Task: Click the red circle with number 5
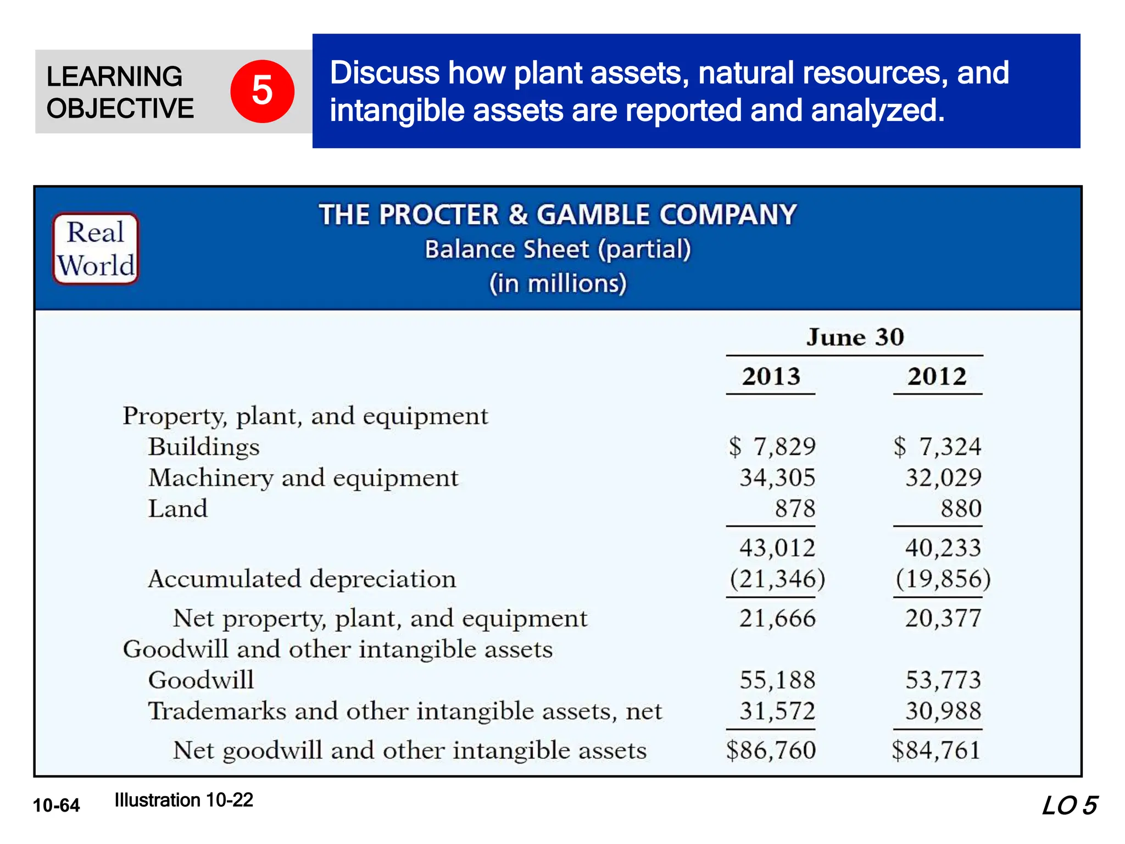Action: click(262, 91)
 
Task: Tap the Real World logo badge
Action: click(96, 249)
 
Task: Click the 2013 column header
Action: click(771, 377)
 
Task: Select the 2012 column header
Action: click(937, 377)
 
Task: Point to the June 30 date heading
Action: click(855, 337)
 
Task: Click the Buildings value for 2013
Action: click(772, 447)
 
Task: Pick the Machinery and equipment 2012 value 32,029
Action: click(943, 477)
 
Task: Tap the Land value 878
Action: click(795, 508)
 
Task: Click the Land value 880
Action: click(961, 508)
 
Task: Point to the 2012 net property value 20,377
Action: click(943, 619)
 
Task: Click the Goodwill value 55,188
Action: click(777, 680)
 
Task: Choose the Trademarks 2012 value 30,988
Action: click(943, 711)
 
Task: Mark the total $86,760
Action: click(771, 751)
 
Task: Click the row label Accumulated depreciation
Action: click(302, 579)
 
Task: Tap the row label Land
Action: click(178, 508)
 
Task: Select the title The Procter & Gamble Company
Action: click(558, 215)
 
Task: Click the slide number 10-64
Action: click(57, 806)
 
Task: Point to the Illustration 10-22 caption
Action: click(184, 800)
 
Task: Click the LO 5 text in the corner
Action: click(1069, 806)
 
